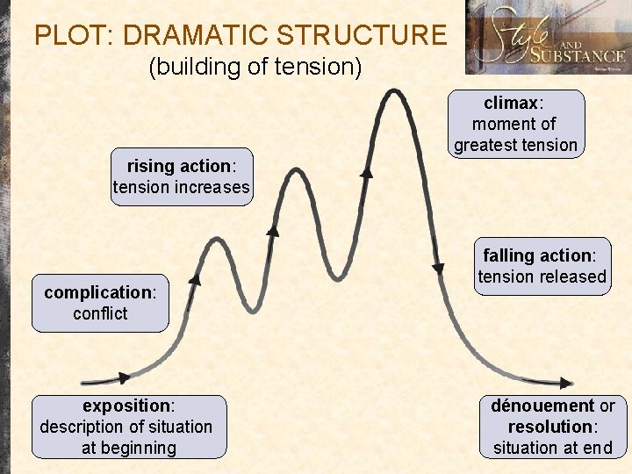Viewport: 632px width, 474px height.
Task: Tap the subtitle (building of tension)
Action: click(255, 67)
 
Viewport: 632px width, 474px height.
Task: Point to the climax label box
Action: click(515, 124)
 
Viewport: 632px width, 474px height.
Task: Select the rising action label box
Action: click(182, 176)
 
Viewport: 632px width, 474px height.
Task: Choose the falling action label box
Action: click(542, 266)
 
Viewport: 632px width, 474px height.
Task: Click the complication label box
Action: click(100, 303)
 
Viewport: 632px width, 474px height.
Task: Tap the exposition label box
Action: click(129, 427)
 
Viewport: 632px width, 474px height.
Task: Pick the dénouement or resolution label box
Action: click(552, 427)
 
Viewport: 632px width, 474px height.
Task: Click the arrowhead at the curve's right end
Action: click(566, 384)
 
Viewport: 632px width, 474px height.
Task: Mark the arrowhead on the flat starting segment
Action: click(124, 377)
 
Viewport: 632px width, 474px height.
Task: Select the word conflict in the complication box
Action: click(100, 313)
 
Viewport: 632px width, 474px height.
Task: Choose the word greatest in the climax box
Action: click(485, 145)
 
